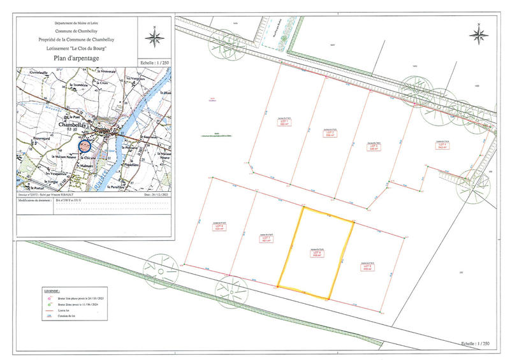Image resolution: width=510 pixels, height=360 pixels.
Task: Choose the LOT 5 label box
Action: click(x=367, y=267)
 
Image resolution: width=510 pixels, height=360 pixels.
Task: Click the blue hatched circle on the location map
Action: click(x=85, y=145)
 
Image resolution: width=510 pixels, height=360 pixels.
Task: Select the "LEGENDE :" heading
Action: click(x=45, y=289)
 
